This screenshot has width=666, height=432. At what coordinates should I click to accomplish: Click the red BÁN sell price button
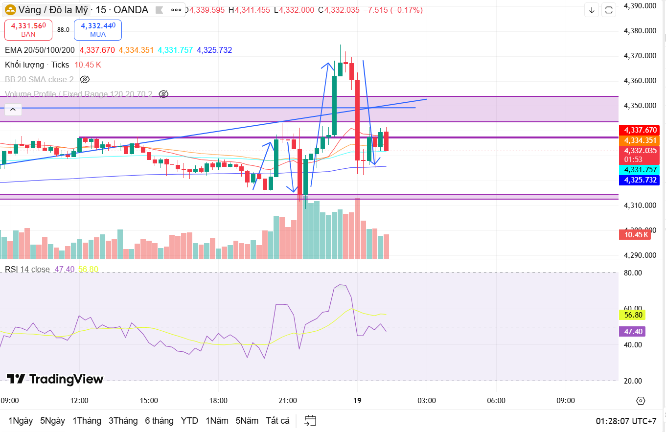[x=28, y=29]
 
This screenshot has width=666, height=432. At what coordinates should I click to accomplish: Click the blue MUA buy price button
[x=98, y=29]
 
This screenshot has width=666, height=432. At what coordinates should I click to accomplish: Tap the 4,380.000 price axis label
[x=640, y=31]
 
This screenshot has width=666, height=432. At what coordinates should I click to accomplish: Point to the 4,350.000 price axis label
[x=640, y=106]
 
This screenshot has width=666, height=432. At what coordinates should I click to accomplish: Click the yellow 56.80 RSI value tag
[x=632, y=315]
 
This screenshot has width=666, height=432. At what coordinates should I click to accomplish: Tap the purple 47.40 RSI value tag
[x=632, y=332]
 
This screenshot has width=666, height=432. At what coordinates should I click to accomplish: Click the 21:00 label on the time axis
[x=288, y=401]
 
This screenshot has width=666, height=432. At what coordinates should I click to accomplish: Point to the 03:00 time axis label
[x=427, y=401]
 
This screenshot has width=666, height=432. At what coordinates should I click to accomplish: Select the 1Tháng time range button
[x=87, y=421]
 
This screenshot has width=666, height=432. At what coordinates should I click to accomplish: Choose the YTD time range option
[x=189, y=421]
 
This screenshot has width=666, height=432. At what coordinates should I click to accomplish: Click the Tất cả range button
[x=277, y=421]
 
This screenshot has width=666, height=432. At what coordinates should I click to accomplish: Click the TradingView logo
[x=55, y=379]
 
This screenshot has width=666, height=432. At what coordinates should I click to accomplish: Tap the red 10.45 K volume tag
[x=635, y=235]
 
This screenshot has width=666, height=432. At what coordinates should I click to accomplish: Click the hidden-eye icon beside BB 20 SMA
[x=85, y=79]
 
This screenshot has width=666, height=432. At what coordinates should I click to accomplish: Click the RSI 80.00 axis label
[x=632, y=273]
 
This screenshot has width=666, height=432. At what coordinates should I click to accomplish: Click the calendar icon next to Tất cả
[x=310, y=421]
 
